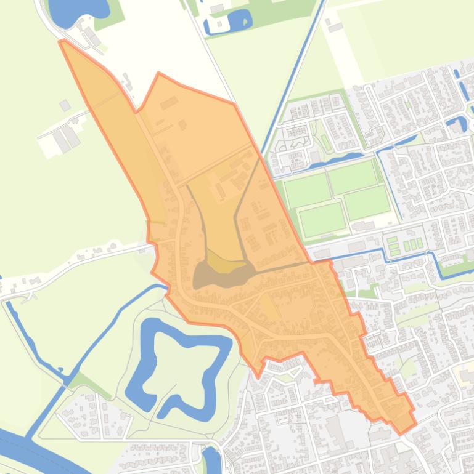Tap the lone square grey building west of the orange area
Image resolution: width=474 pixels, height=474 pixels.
pyautogui.click(x=65, y=106)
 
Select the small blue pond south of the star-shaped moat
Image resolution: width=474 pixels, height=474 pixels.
pyautogui.click(x=211, y=459)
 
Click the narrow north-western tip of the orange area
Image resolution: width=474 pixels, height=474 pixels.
pyautogui.click(x=63, y=43)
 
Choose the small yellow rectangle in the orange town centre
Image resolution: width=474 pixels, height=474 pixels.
pyautogui.click(x=269, y=305)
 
